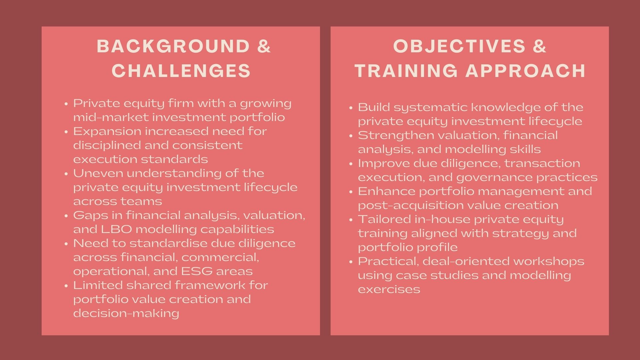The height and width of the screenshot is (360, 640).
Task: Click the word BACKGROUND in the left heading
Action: click(173, 46)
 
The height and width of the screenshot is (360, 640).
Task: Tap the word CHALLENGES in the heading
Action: click(181, 71)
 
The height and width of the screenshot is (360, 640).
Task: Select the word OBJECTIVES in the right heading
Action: click(459, 46)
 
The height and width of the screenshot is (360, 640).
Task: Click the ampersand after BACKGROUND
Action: click(264, 46)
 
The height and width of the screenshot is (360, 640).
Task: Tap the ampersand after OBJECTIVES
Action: click(540, 46)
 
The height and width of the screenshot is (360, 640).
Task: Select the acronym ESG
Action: click(197, 271)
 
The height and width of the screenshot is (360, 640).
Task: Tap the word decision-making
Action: click(126, 313)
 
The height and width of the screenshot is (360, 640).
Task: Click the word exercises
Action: click(389, 289)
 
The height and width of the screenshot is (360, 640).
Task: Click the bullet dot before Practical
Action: click(351, 262)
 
